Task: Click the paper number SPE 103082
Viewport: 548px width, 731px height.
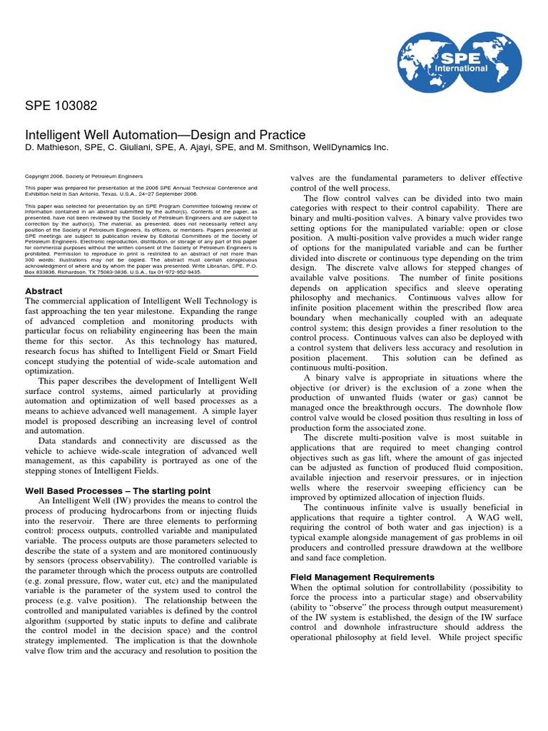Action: (61, 106)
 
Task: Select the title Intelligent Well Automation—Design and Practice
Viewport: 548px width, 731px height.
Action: (156, 135)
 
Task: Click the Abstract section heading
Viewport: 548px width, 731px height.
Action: (44, 291)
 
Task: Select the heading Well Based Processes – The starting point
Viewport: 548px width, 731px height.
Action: (118, 490)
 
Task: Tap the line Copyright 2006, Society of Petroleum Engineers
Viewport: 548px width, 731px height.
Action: (84, 176)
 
